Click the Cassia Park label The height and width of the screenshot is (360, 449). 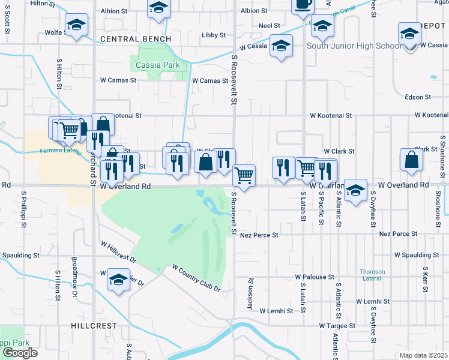coord(158,65)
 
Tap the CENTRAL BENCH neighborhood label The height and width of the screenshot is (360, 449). coord(136,39)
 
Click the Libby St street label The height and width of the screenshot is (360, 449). coord(212,35)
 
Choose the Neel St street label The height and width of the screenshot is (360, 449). coord(270,26)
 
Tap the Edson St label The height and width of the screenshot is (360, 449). coord(418,97)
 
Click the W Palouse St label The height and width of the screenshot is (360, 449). coord(314,277)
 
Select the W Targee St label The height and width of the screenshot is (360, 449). coord(337,326)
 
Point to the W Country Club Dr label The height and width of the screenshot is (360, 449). coord(196,278)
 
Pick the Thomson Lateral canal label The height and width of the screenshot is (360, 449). coord(372,275)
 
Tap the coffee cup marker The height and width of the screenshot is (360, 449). coord(303,5)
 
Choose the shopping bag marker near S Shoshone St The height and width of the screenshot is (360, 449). coord(411,160)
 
